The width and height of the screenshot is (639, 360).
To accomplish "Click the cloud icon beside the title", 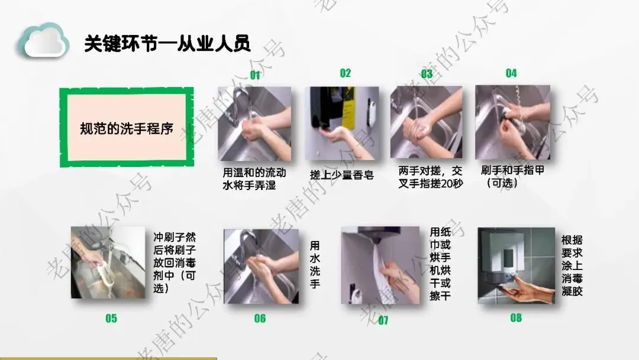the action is click(43, 40).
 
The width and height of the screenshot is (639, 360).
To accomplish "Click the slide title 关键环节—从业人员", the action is click(167, 43).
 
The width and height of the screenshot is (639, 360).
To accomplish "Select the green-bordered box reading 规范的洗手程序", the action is click(127, 127).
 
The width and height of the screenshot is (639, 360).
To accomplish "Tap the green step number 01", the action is click(255, 75).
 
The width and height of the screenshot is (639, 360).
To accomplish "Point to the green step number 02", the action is click(345, 73).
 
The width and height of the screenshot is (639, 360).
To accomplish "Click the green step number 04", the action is click(511, 73).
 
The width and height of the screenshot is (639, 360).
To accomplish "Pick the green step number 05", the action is click(111, 319).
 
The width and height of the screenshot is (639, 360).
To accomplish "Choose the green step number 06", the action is click(260, 318).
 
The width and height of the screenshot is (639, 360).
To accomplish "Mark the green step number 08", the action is click(516, 317).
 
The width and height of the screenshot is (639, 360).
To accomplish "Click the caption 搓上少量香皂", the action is click(341, 175).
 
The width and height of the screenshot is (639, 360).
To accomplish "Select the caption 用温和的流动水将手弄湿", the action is click(254, 179).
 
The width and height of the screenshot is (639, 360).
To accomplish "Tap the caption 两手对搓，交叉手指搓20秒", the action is click(431, 178).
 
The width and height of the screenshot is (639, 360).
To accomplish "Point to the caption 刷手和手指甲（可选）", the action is click(512, 176).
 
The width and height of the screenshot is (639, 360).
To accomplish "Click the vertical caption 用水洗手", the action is click(315, 264).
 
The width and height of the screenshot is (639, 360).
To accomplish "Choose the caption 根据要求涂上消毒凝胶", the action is click(572, 265).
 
